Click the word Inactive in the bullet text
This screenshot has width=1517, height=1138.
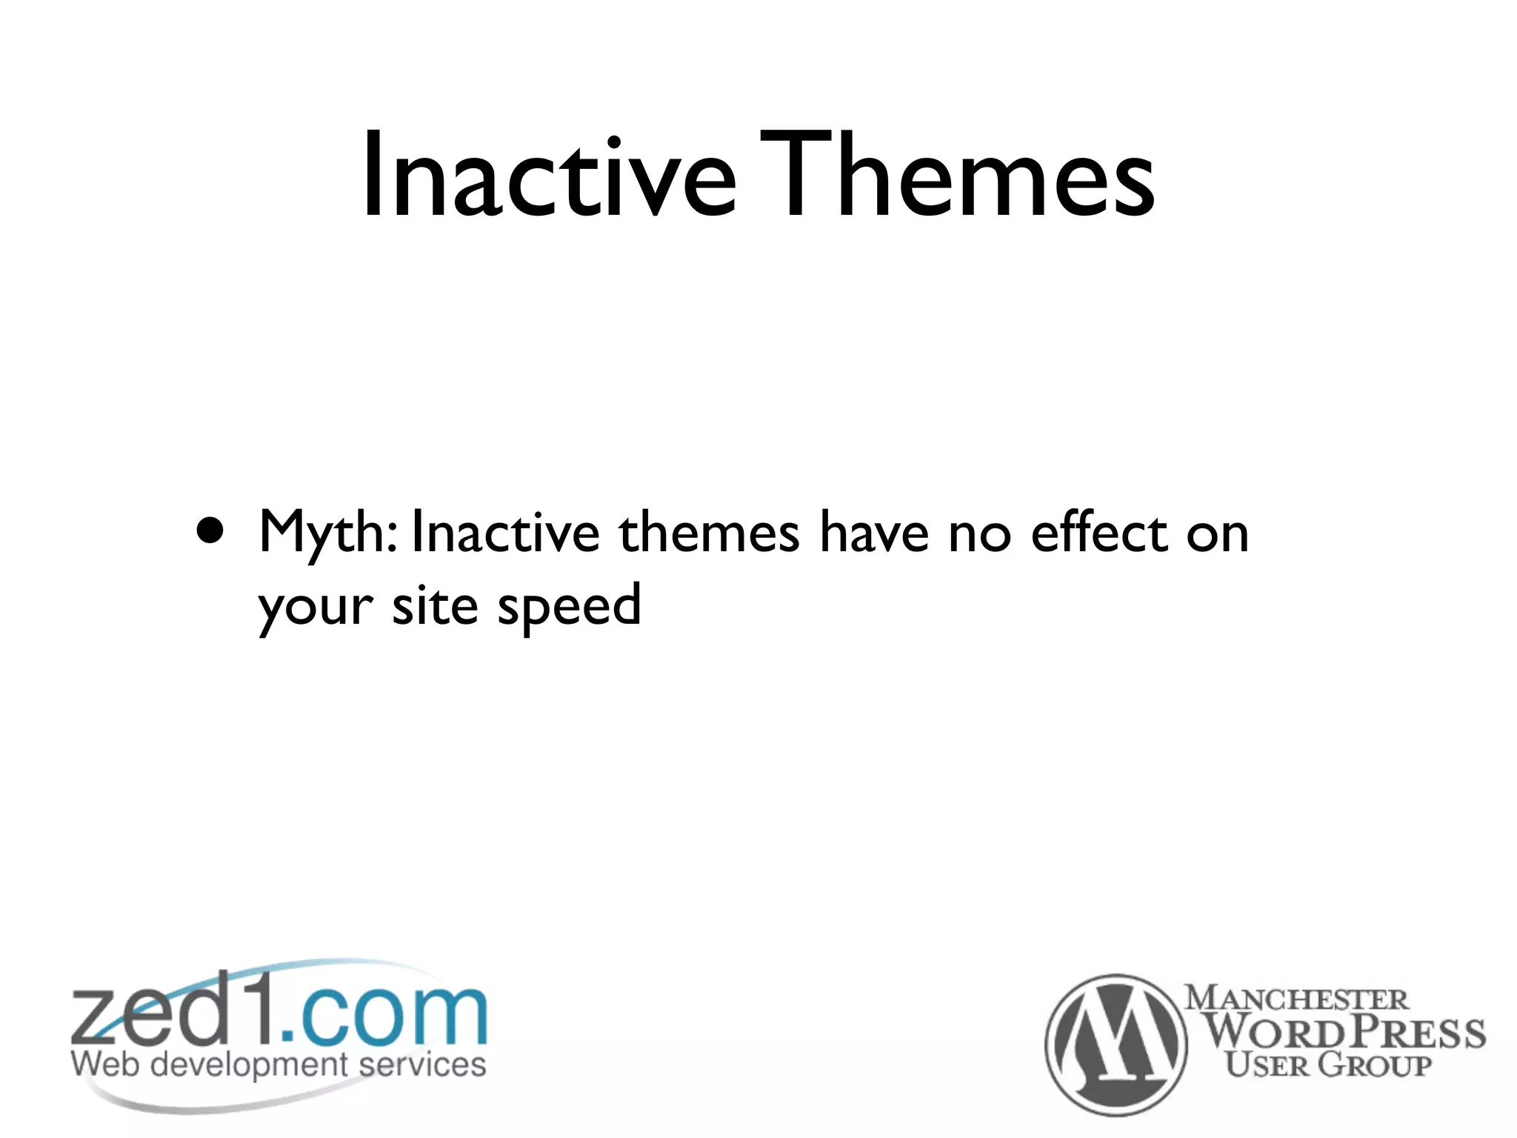(505, 532)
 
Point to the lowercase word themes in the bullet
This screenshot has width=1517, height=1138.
(709, 532)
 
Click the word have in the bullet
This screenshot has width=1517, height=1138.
(874, 532)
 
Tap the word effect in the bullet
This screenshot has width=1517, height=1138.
(1099, 532)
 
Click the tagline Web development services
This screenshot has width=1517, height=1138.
(279, 1065)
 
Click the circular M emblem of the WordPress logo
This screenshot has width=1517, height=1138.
(1116, 1044)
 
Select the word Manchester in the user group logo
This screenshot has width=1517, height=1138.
(1296, 998)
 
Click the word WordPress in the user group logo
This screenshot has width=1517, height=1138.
(1344, 1032)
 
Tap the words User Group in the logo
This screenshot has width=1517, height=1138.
(1327, 1065)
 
